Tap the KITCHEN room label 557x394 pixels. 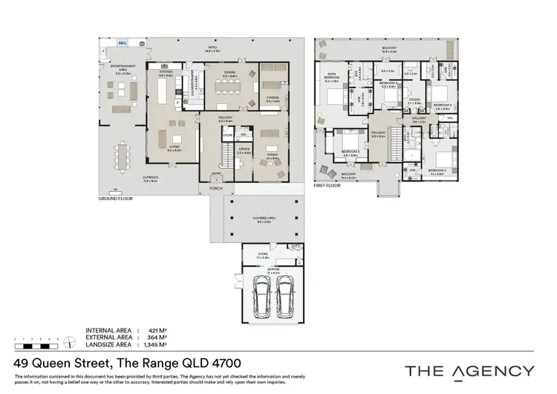tap(166, 72)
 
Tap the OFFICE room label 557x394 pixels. tap(242, 149)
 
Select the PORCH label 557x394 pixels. tap(216, 188)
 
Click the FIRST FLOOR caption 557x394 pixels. tap(328, 185)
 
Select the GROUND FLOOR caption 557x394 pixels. tap(114, 199)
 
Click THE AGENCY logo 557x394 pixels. tap(469, 370)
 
